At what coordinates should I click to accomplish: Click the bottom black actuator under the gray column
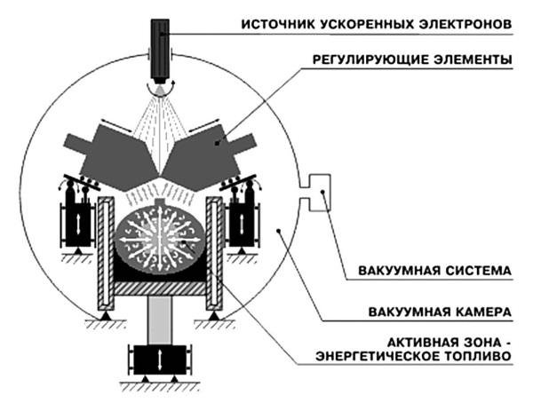point(160,360)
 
